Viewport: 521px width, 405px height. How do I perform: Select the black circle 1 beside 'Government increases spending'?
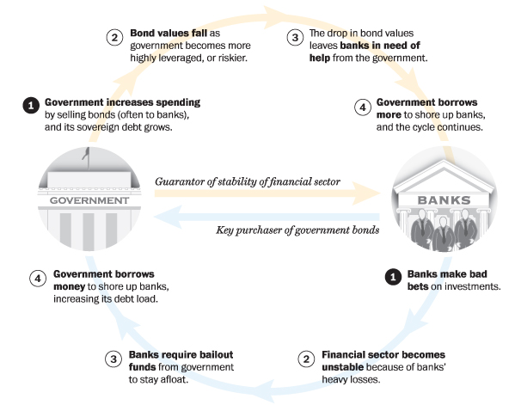coord(30,106)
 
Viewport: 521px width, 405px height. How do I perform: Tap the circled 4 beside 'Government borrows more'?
coord(362,107)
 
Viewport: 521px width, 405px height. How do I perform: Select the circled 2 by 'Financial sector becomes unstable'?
coord(306,358)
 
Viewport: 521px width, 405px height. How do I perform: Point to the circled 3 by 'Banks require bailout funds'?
coord(113,358)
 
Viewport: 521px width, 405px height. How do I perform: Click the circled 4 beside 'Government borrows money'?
coord(37,279)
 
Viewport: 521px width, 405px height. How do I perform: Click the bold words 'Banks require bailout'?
coord(169,354)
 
